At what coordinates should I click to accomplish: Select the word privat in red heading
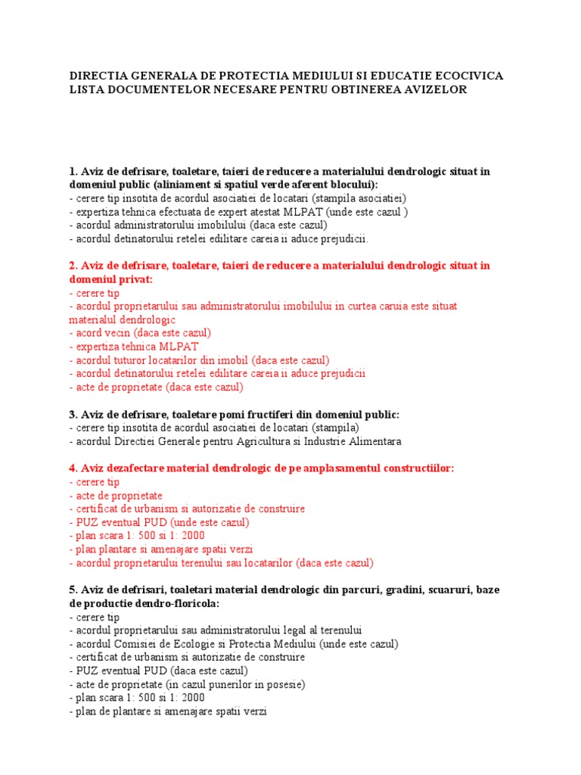[x=136, y=279]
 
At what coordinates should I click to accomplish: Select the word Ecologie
[x=197, y=643]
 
